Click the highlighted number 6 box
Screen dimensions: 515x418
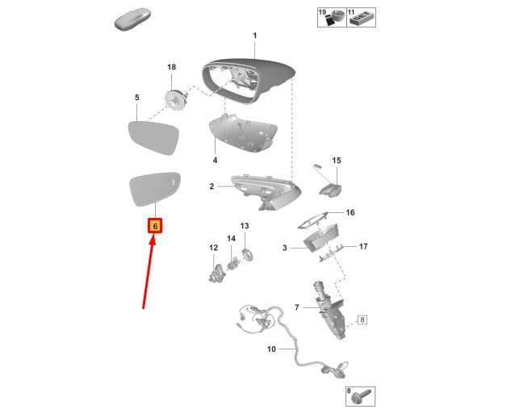(155, 226)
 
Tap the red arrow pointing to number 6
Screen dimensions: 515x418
(149, 274)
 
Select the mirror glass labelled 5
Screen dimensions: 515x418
(153, 137)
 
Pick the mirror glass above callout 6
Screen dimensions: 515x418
(155, 189)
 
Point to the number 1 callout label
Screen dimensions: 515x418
(255, 36)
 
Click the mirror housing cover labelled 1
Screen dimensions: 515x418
(248, 80)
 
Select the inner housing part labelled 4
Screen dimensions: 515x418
(242, 134)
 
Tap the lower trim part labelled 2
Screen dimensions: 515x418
(266, 192)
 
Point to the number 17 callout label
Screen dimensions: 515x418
(363, 246)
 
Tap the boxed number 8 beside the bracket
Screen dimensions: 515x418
(362, 320)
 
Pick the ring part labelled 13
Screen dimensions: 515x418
(247, 256)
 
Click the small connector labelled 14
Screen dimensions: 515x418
(232, 263)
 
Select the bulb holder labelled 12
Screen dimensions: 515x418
(217, 274)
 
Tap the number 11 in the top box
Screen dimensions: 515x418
(351, 12)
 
